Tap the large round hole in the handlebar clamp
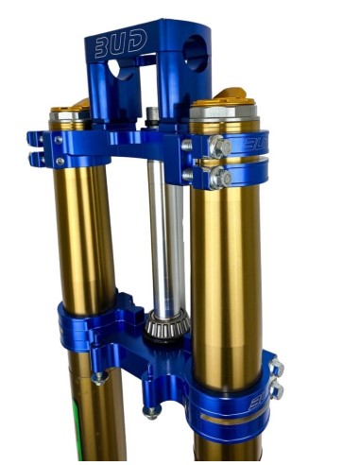click(196, 53)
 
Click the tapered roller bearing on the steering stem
click(167, 324)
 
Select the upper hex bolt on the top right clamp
click(220, 146)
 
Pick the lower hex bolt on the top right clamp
click(221, 179)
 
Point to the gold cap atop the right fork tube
click(224, 100)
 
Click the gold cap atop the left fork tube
click(70, 108)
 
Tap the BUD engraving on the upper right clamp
click(255, 145)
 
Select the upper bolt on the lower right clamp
click(277, 368)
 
